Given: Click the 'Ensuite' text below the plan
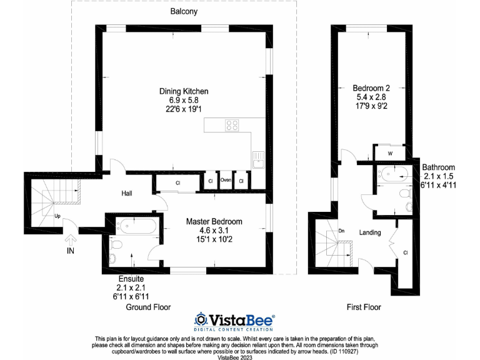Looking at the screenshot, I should click(x=131, y=278).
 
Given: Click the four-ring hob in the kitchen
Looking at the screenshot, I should click(x=232, y=125).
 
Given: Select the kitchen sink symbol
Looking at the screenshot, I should click(x=257, y=161).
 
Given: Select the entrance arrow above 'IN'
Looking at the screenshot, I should click(x=71, y=238).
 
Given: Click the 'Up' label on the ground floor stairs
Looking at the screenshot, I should click(x=57, y=216).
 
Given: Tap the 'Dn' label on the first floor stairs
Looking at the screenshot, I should click(x=341, y=231).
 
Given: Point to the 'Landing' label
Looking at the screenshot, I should click(x=370, y=232).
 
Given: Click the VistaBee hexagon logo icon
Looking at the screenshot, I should click(x=201, y=320).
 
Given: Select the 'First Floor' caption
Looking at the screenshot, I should click(x=364, y=307).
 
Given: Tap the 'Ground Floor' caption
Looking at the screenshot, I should click(x=148, y=307).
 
